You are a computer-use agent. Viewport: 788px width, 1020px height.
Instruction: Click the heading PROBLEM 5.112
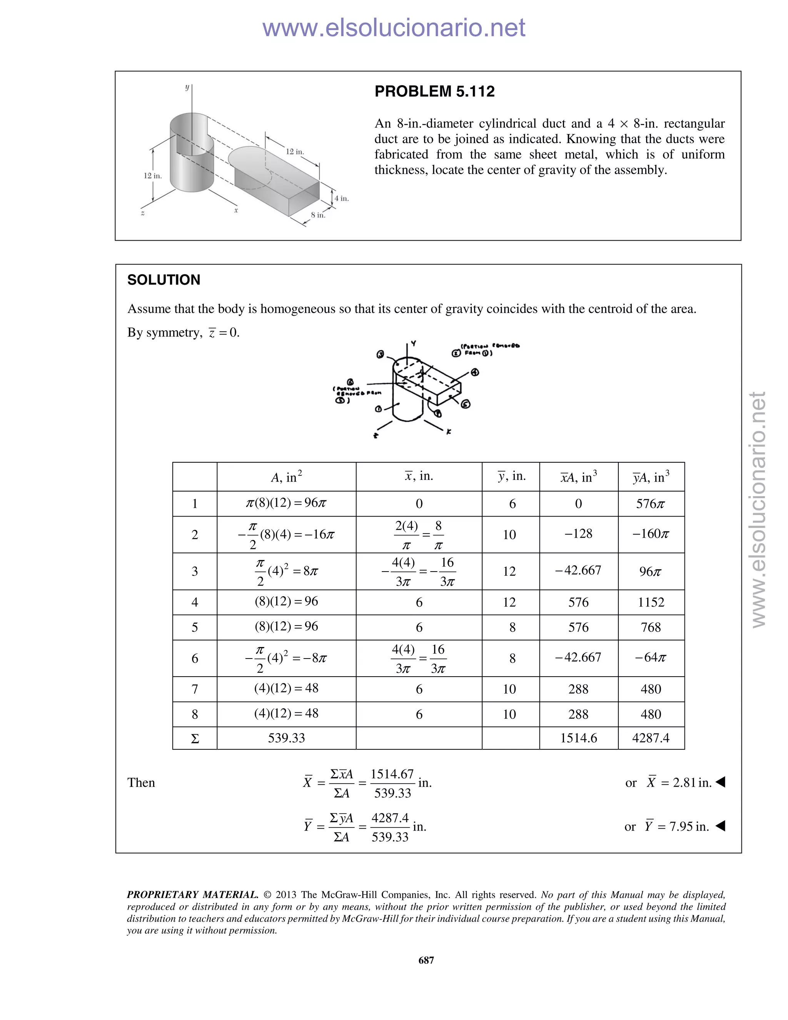point(434,91)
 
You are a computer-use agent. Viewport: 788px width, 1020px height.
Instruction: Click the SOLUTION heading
point(164,280)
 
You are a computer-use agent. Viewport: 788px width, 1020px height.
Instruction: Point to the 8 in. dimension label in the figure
point(318,215)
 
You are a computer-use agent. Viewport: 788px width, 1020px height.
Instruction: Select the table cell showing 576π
point(650,503)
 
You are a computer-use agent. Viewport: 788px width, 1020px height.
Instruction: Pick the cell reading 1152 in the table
point(650,602)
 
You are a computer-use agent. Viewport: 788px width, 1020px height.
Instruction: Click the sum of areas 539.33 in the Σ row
point(286,738)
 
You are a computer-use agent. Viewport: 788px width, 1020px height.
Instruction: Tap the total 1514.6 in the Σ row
point(578,738)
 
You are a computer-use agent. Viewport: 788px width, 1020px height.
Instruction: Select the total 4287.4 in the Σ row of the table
point(650,738)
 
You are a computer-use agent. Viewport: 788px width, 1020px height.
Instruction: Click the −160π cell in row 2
point(650,534)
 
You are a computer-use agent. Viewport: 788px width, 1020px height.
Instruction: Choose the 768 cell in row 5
point(650,627)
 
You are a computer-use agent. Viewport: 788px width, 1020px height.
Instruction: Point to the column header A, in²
point(286,477)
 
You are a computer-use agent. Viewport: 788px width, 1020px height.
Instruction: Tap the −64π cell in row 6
point(650,657)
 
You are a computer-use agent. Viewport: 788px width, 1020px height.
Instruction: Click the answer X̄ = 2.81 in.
point(679,782)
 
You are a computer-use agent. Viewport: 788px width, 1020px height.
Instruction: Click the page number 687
point(426,960)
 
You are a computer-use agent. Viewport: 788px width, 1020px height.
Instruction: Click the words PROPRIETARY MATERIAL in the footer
point(192,895)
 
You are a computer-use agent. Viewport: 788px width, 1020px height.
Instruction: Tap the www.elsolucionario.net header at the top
point(394,28)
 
